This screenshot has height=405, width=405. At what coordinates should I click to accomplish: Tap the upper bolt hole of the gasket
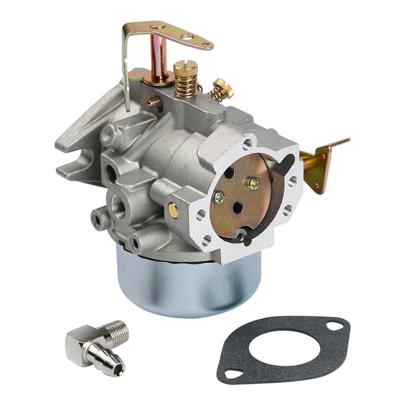[x=335, y=325]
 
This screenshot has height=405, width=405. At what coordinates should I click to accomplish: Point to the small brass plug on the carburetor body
[x=173, y=210]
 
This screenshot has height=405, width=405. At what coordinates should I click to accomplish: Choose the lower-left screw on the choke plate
[x=219, y=196]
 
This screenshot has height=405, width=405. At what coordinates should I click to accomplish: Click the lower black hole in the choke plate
[x=238, y=207]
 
